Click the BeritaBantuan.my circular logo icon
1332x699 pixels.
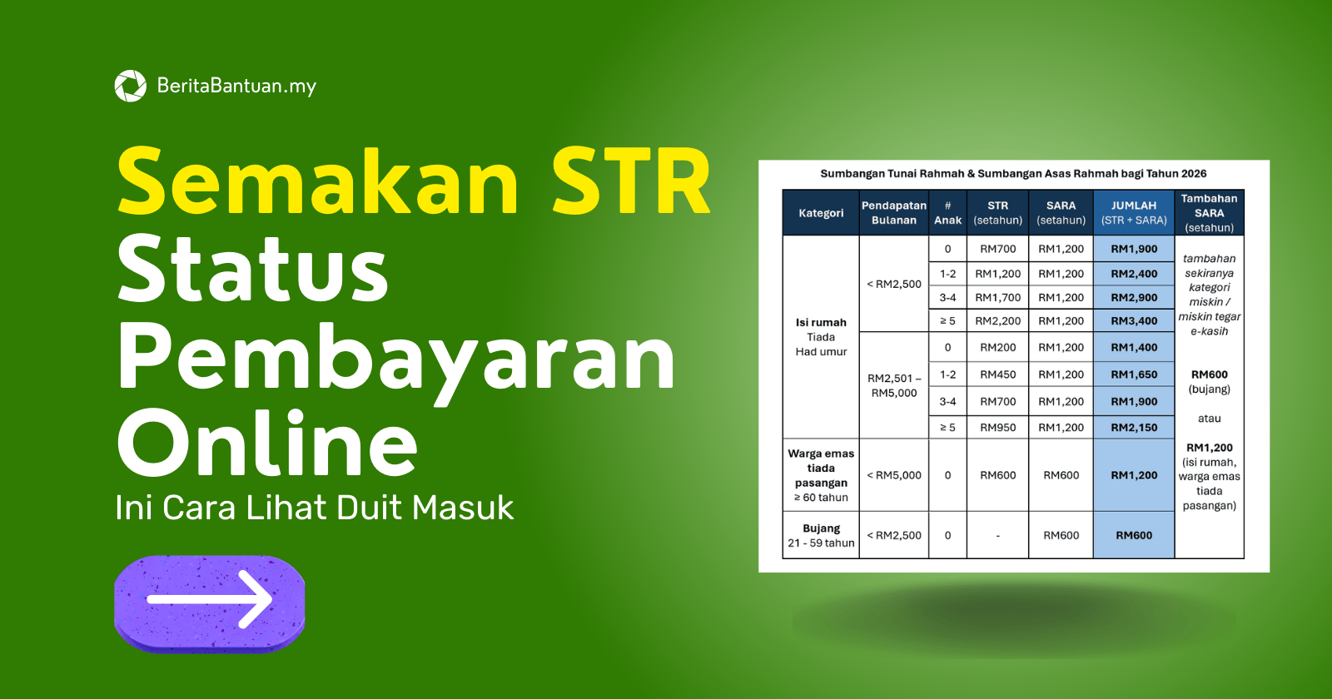pyautogui.click(x=130, y=86)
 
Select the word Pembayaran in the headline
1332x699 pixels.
pyautogui.click(x=395, y=358)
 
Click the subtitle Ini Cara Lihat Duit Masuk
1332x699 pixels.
pyautogui.click(x=314, y=508)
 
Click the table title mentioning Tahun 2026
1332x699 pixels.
pyautogui.click(x=1013, y=174)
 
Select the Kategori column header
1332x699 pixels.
pyautogui.click(x=821, y=213)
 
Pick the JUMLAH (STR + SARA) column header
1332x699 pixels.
pyautogui.click(x=1134, y=213)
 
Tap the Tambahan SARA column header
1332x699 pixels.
pyautogui.click(x=1209, y=213)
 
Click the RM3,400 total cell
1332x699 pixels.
pyautogui.click(x=1134, y=321)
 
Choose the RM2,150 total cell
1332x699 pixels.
pyautogui.click(x=1134, y=428)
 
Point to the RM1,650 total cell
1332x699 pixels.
pyautogui.click(x=1134, y=374)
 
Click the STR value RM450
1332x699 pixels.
pyautogui.click(x=997, y=374)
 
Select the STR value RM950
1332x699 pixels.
pyautogui.click(x=997, y=428)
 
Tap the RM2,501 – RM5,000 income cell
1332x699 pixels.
pyautogui.click(x=894, y=385)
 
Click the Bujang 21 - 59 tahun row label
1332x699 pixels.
pyautogui.click(x=821, y=535)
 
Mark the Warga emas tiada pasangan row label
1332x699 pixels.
pyautogui.click(x=821, y=475)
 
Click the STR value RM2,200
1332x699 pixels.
pyautogui.click(x=997, y=321)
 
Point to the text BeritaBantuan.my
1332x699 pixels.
pyautogui.click(x=236, y=86)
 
